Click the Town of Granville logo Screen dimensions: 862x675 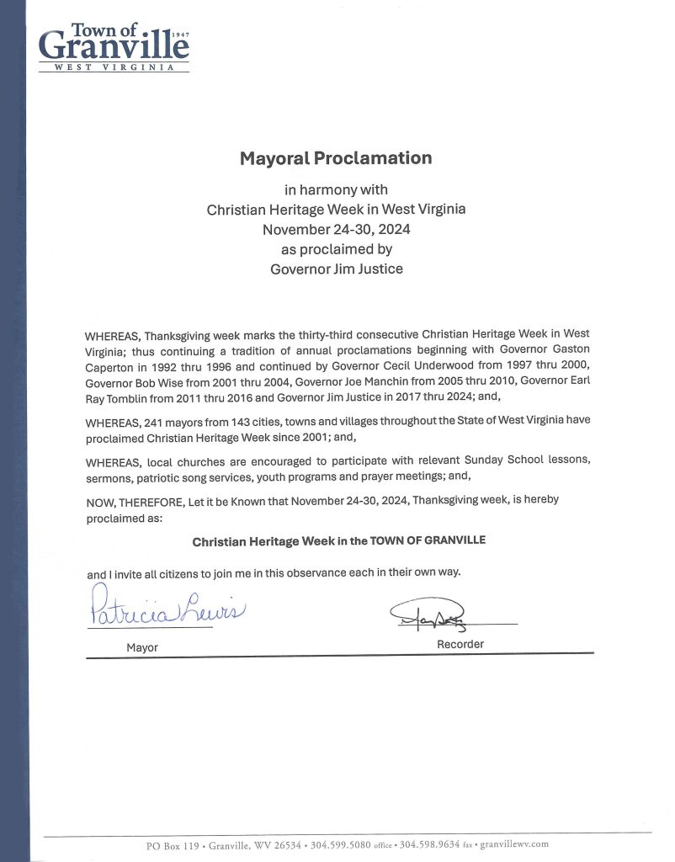114,47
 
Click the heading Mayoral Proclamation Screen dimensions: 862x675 336,157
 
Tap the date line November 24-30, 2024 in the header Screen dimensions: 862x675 337,229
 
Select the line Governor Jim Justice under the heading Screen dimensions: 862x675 337,269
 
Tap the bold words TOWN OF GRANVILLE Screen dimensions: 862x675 428,540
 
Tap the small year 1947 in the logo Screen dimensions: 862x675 179,36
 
